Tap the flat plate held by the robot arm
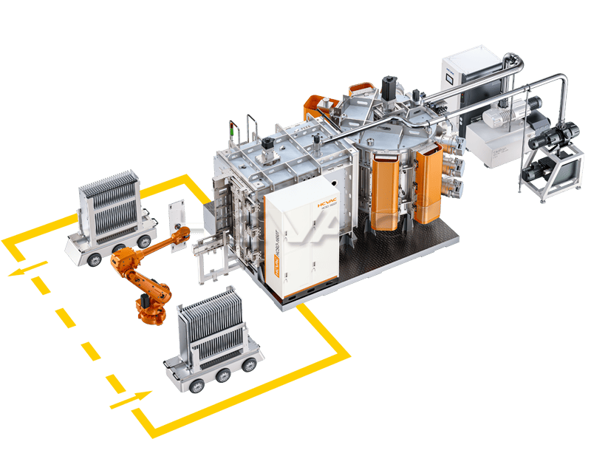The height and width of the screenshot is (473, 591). (x=176, y=218)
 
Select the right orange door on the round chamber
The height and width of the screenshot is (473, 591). (x=428, y=183)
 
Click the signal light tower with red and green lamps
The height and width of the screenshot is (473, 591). (x=235, y=129)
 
